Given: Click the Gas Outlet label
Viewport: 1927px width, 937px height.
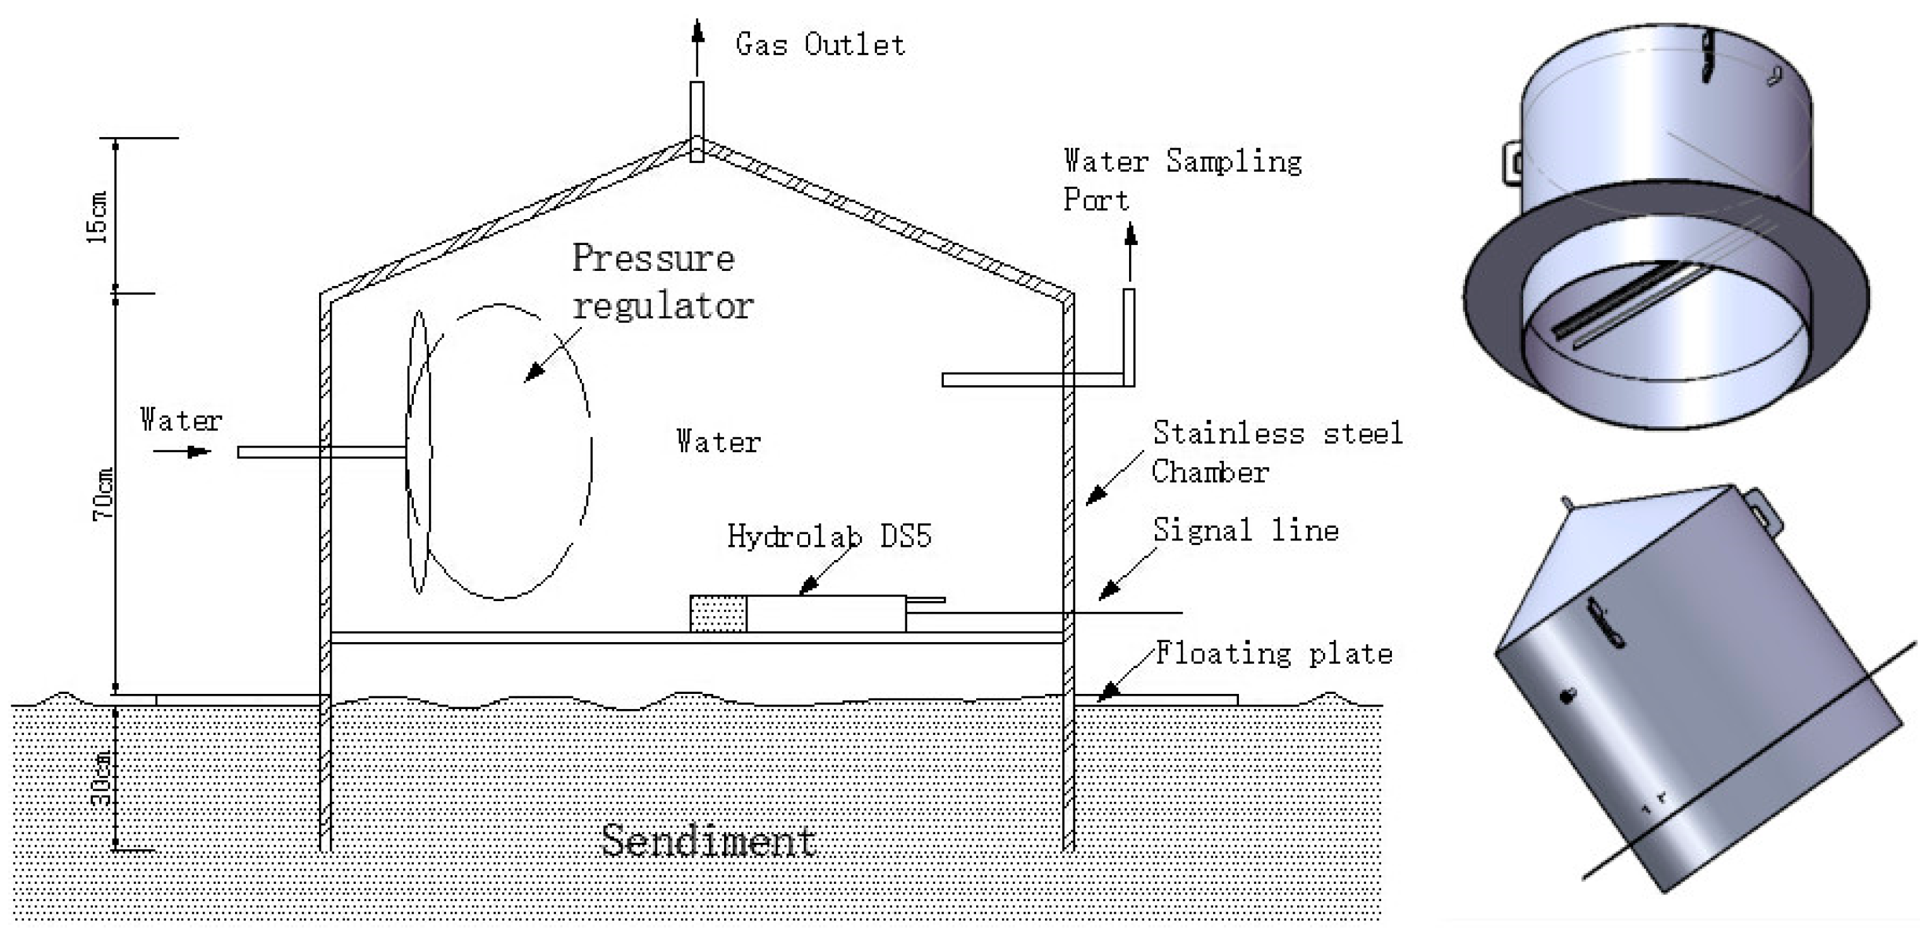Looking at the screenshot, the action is pos(820,44).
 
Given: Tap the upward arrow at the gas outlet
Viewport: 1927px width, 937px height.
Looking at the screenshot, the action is pos(697,47).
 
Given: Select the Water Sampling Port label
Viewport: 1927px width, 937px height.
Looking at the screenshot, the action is pos(1182,180).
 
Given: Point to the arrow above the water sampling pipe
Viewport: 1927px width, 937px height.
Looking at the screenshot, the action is pos(1130,253).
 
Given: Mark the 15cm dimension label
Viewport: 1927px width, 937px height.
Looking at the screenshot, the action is pos(98,217).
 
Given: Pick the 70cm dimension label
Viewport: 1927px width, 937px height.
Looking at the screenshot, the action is pos(102,494).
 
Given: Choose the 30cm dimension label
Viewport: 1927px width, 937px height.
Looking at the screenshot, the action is pos(102,778).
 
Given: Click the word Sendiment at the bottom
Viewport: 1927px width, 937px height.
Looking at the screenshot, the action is pos(708,840).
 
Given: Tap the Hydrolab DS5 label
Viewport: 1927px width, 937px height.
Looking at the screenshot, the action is pos(830,536).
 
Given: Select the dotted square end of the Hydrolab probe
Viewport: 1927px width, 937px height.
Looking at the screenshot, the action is pos(718,613).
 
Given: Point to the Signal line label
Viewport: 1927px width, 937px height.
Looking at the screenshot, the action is pos(1245,530).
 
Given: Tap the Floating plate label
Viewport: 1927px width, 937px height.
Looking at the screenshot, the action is pos(1274,653).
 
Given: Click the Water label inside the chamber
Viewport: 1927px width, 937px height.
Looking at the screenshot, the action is pos(718,441).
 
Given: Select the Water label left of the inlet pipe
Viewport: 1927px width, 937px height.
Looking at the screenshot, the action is pos(181,421).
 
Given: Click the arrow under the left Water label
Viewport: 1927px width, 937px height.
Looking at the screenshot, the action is pos(182,451).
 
